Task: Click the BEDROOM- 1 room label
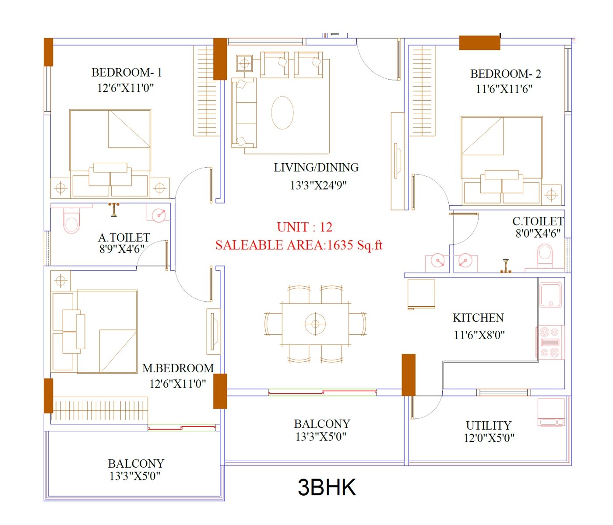[127, 73]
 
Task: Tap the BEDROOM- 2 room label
[505, 74]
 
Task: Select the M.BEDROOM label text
[178, 368]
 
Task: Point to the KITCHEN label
[478, 318]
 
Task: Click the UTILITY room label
[488, 425]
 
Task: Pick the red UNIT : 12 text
[304, 227]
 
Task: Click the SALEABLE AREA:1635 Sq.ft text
[299, 245]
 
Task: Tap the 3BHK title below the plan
[327, 487]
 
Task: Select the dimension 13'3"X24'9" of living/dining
[318, 185]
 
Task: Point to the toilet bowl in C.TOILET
[545, 256]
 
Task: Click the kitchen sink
[551, 295]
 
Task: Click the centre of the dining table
[315, 324]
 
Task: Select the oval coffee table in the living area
[282, 112]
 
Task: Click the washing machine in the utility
[551, 412]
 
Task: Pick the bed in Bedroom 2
[502, 160]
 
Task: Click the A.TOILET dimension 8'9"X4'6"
[122, 249]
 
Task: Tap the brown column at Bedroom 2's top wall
[479, 43]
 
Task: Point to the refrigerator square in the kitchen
[421, 294]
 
